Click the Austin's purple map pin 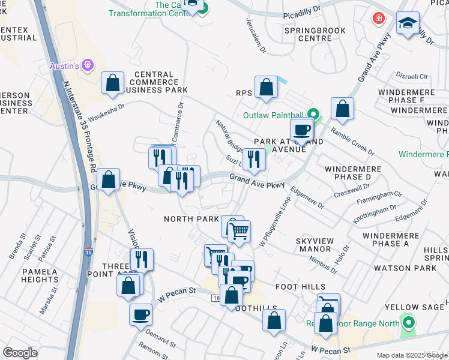(x=88, y=64)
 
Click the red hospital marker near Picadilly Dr (x=378, y=18)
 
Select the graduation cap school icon (x=408, y=23)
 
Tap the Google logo (x=20, y=353)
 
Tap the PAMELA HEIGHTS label (x=40, y=276)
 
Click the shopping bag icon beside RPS (x=266, y=87)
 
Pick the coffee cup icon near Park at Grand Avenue (x=301, y=129)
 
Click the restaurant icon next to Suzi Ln (x=254, y=159)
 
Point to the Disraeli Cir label (x=412, y=76)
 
